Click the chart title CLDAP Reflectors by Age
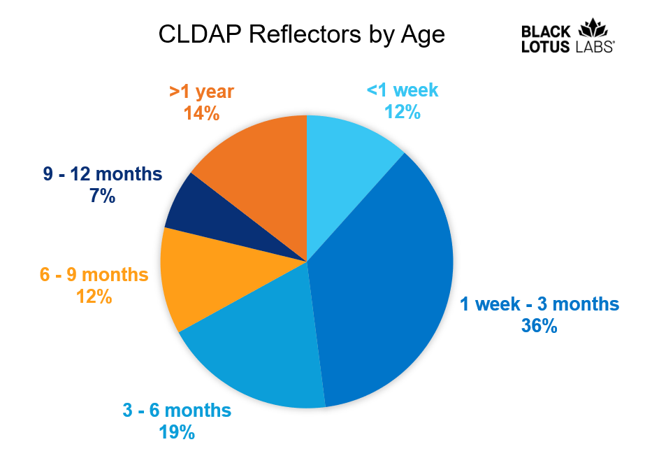[301, 34]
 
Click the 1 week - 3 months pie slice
[391, 280]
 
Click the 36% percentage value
[539, 325]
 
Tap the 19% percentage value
[177, 432]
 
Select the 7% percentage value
[102, 197]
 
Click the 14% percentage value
[201, 113]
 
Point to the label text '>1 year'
[201, 92]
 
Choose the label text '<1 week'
[402, 90]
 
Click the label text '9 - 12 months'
[102, 174]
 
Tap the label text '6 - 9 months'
[94, 274]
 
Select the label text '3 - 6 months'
[177, 411]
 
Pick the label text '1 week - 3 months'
[539, 304]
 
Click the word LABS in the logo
[595, 48]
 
